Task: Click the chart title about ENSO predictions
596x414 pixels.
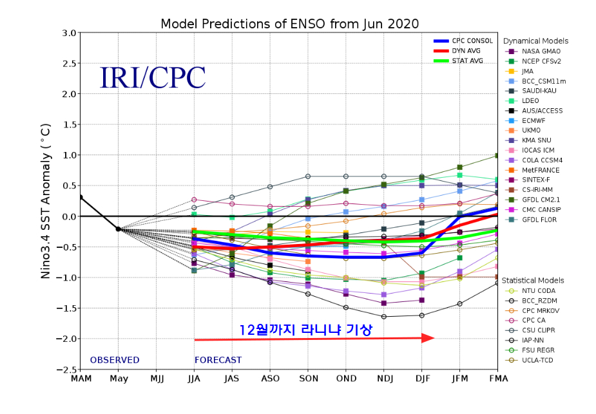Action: (x=289, y=24)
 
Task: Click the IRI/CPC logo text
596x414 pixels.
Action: (x=152, y=77)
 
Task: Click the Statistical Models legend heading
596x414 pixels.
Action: (x=533, y=280)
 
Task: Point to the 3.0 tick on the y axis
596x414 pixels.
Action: (x=69, y=33)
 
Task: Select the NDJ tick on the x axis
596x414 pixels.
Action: (x=384, y=378)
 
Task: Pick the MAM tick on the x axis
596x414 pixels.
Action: (x=81, y=378)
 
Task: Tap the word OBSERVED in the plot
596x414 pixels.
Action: (x=115, y=360)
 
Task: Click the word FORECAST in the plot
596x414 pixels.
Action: (x=218, y=360)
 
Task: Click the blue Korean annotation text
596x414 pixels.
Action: (x=305, y=330)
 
